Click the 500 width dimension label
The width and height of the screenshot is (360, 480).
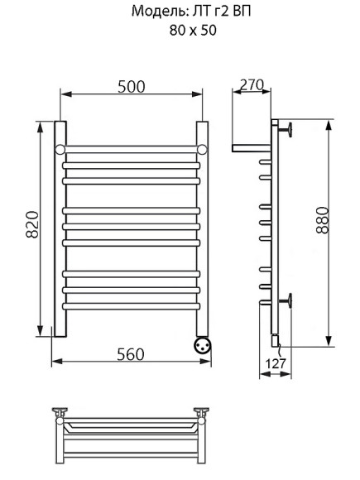click(x=131, y=87)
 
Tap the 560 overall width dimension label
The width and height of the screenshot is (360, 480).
click(x=130, y=353)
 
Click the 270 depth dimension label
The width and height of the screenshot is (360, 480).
click(x=251, y=84)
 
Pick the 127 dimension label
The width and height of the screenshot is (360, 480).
click(x=276, y=363)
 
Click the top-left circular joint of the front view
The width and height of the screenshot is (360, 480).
click(x=60, y=148)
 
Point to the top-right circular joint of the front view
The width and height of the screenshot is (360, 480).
click(x=201, y=148)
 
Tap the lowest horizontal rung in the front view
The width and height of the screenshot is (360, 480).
click(x=131, y=305)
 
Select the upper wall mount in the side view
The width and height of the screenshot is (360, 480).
click(x=289, y=128)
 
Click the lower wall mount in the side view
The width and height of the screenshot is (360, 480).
click(x=289, y=300)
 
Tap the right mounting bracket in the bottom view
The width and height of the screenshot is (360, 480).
click(x=201, y=413)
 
